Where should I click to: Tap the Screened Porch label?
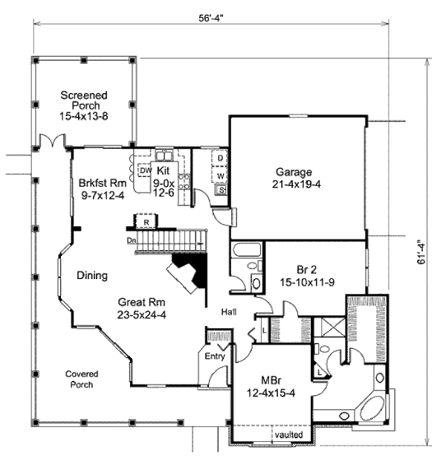click(84, 105)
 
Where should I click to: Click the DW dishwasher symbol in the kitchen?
click(145, 170)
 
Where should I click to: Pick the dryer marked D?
click(221, 159)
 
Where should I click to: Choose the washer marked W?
click(221, 175)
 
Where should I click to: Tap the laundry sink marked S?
click(221, 190)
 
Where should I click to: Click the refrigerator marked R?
click(146, 221)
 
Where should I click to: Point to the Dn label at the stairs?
click(131, 240)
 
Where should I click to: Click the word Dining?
click(91, 275)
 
